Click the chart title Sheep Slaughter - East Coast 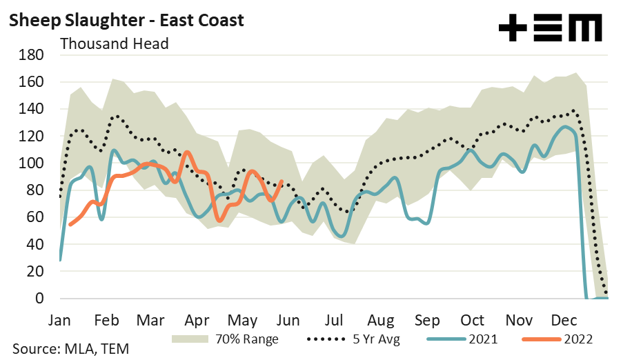[126, 20]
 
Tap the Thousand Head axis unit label [115, 43]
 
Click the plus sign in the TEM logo [513, 29]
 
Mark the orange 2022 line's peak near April [187, 152]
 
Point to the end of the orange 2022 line [282, 181]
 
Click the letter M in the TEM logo [587, 29]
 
